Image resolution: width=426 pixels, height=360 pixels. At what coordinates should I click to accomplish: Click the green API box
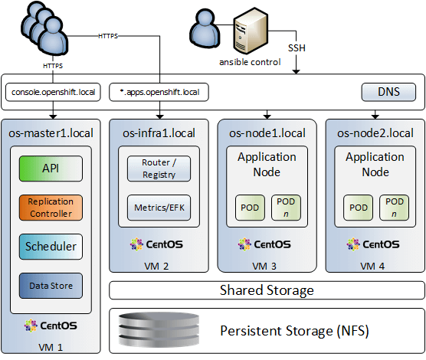coord(51,169)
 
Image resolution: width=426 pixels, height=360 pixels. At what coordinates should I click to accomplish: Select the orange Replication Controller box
coord(51,208)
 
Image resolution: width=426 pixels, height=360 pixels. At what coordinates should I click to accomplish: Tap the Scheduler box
coord(51,247)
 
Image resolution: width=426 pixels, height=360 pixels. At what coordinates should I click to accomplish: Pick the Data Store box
coord(51,286)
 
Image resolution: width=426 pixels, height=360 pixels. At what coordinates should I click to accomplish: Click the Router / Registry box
coord(159,169)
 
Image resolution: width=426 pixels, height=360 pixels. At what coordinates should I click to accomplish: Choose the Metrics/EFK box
coord(159,208)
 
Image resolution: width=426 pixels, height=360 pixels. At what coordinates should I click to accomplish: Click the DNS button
coord(388,92)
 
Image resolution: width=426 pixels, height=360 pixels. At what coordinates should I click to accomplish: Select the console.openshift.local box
coord(53,92)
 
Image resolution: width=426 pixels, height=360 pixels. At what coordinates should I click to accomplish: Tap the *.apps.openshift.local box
coord(159,92)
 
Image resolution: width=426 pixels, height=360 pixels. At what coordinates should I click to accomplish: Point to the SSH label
coord(297,48)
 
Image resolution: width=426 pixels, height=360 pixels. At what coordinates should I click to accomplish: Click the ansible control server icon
coord(251,31)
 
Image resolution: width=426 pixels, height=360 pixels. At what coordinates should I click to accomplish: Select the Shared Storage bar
coord(267,290)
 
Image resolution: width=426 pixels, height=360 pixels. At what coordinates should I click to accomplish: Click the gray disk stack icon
coord(159,329)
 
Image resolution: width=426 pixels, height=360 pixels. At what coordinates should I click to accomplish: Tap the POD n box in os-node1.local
coord(286,208)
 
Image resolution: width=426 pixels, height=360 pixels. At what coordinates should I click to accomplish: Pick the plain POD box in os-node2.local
coord(359,208)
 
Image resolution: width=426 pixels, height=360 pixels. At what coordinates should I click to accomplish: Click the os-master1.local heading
coord(51,133)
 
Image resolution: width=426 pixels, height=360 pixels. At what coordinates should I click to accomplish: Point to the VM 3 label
coord(264,267)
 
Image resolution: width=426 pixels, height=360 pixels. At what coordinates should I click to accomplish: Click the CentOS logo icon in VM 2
coord(136,244)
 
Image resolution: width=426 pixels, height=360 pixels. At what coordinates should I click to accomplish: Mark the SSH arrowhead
coord(297,71)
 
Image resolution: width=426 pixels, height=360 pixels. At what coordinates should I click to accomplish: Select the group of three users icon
coord(45,28)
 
